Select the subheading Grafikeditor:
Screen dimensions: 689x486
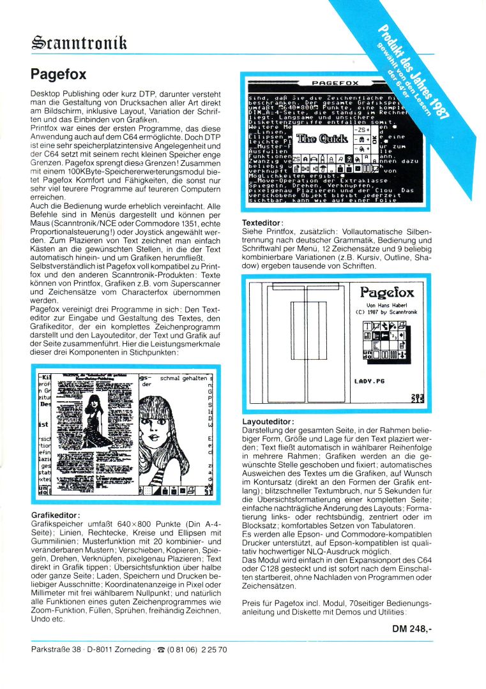click(x=56, y=514)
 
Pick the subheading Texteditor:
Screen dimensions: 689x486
click(x=264, y=223)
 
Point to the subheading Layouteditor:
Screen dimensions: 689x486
click(x=268, y=422)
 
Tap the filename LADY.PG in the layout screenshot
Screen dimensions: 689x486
click(x=370, y=381)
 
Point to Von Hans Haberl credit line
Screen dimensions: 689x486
click(x=388, y=306)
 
